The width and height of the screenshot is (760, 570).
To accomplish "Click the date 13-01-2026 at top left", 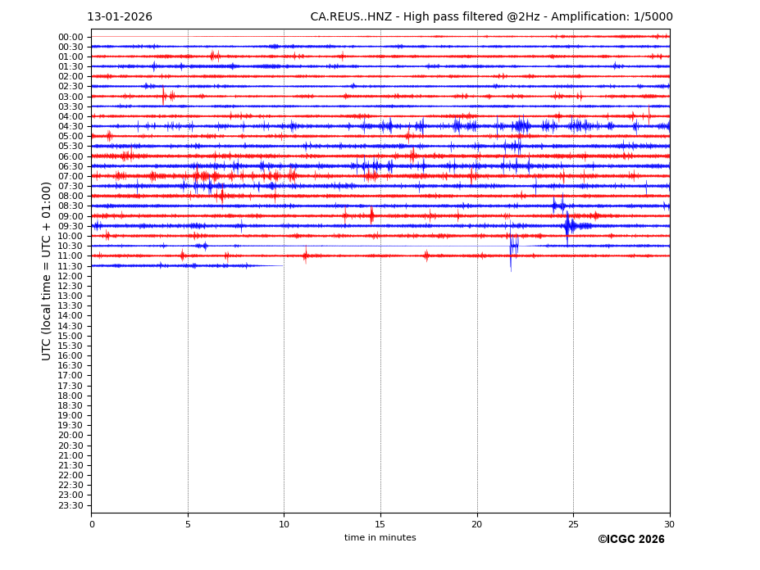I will tap(120, 17).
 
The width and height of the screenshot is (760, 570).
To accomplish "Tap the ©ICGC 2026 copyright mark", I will tap(630, 540).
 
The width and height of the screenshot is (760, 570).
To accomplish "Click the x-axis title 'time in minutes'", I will tap(380, 538).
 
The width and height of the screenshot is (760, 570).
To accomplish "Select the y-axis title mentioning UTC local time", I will tap(47, 271).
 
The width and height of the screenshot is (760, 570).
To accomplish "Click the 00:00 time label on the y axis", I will tap(71, 37).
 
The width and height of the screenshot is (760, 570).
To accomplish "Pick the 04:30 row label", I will tap(71, 126).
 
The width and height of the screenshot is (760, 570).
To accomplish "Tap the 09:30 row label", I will tap(71, 226).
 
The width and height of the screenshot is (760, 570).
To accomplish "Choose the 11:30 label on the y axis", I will tap(71, 266).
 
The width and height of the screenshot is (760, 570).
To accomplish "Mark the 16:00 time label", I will tap(71, 355).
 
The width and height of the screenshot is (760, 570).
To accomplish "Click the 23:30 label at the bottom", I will tap(71, 505).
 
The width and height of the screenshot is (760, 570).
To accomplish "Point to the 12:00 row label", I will tap(71, 276).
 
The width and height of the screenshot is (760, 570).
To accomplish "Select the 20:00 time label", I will tap(71, 435).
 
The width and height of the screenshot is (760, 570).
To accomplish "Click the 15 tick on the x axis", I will tap(380, 524).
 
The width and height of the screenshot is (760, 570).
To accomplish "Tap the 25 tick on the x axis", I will tap(573, 524).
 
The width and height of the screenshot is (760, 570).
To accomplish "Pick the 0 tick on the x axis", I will tap(92, 524).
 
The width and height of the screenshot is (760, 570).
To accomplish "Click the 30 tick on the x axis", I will tap(669, 524).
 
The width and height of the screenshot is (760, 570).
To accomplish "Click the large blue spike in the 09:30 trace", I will tap(567, 225).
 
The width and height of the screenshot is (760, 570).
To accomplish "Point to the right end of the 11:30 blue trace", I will tap(283, 265).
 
